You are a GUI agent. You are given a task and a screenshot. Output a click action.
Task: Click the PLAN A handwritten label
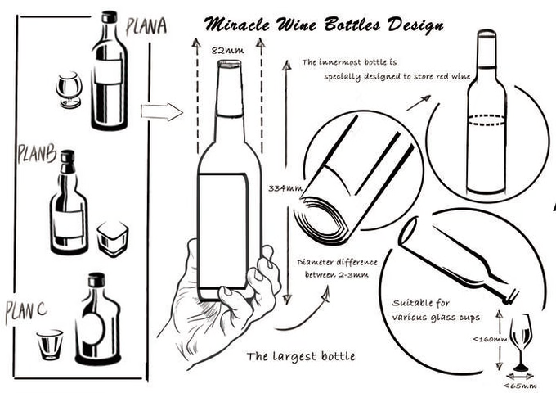(x=146, y=26)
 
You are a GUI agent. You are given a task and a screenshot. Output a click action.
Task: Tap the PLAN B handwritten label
(x=37, y=154)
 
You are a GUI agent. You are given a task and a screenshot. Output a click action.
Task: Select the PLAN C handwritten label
(x=26, y=312)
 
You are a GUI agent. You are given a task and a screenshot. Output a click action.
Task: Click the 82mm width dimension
(x=227, y=51)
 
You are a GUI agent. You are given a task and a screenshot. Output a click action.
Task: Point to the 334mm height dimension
(x=285, y=187)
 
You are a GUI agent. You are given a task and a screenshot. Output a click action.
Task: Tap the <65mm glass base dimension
(x=520, y=386)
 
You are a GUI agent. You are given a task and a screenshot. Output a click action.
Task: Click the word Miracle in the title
(x=236, y=25)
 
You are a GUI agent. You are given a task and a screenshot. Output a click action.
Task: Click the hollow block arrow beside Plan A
(x=162, y=112)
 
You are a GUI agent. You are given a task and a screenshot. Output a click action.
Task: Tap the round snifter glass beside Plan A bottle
(x=69, y=90)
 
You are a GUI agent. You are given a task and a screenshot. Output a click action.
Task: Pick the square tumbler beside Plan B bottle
(x=112, y=238)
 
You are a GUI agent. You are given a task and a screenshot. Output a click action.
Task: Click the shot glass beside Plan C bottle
(x=50, y=345)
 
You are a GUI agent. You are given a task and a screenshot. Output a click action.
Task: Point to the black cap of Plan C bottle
(x=96, y=280)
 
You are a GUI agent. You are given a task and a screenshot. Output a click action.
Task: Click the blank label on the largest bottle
(x=222, y=231)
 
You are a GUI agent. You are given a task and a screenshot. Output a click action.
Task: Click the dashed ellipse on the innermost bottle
(x=486, y=120)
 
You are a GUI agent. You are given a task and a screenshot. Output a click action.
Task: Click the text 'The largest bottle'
(x=301, y=356)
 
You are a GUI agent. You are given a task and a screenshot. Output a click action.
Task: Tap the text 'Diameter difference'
(x=337, y=262)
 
